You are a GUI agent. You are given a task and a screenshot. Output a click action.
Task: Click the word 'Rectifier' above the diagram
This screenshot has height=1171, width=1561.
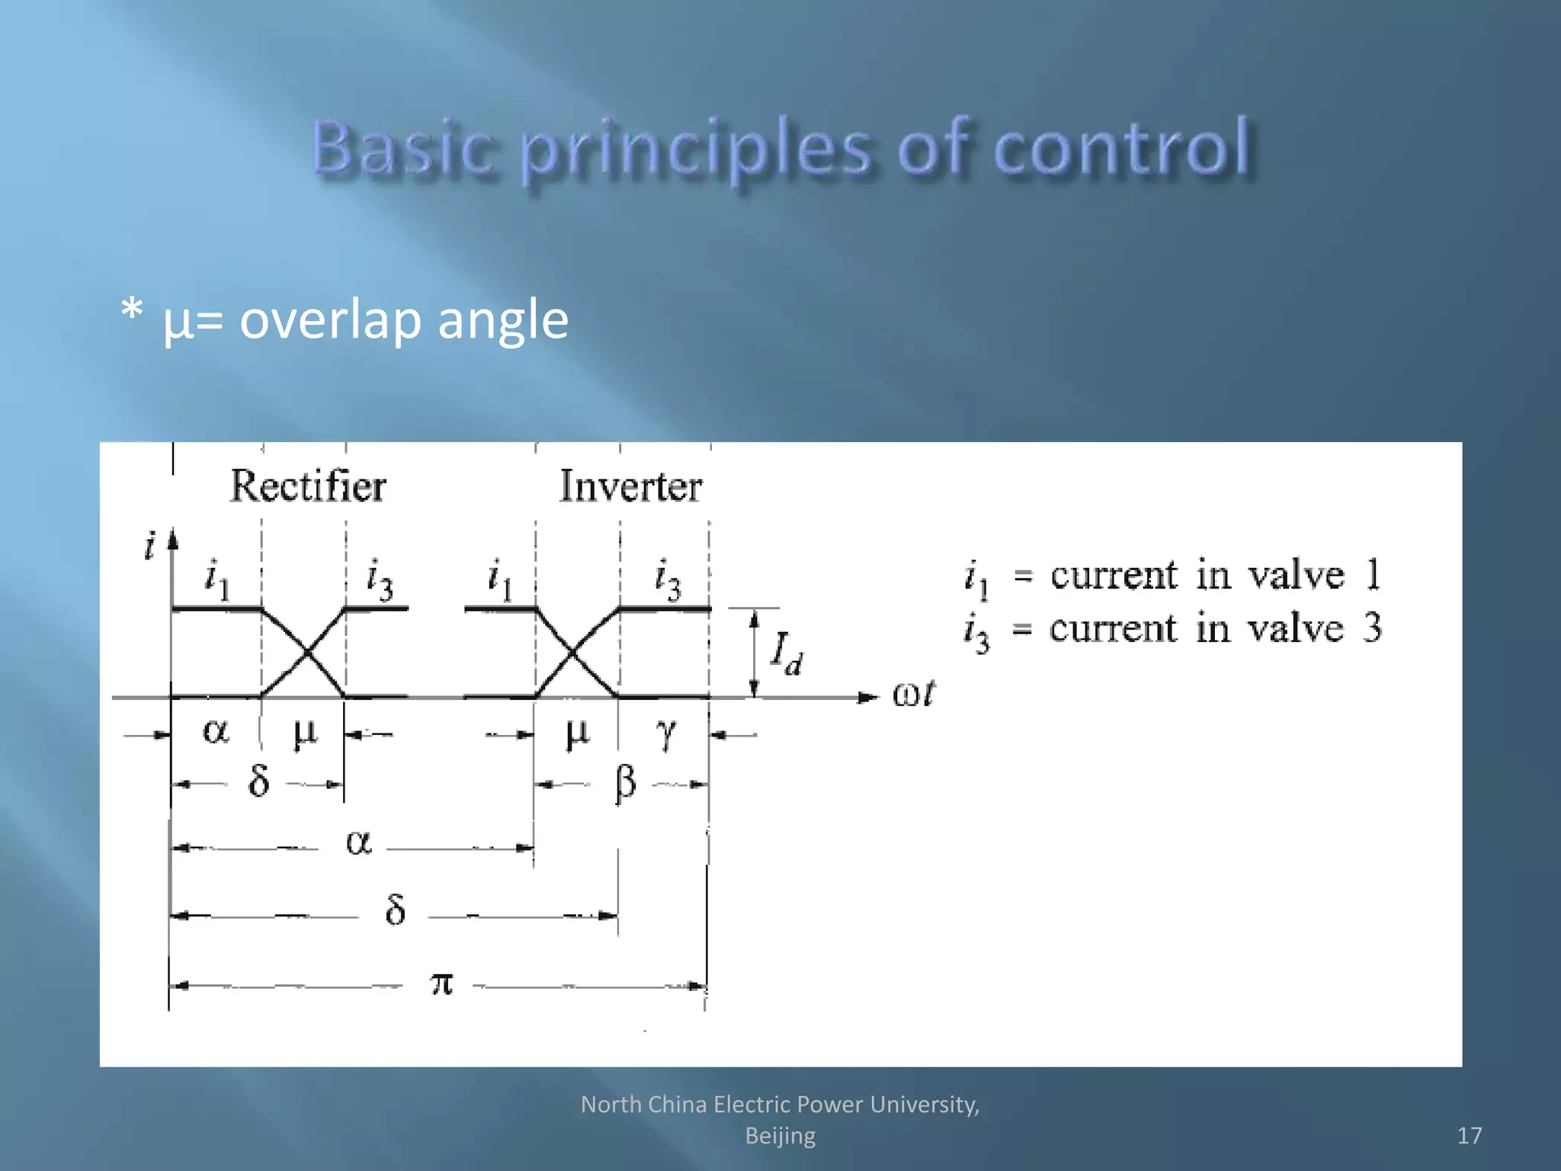pos(308,486)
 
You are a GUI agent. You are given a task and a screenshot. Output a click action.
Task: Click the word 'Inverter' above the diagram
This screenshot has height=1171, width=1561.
pos(630,486)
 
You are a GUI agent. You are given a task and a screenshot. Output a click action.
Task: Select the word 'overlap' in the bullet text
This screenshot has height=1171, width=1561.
pos(329,319)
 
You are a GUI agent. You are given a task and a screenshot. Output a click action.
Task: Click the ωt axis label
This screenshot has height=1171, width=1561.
pos(913,695)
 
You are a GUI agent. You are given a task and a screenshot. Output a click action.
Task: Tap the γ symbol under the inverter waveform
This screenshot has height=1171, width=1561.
pos(665,733)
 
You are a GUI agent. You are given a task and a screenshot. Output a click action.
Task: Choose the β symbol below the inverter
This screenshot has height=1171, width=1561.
pos(625,782)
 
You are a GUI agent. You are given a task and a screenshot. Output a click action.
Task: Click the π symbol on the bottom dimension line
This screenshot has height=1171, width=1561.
pos(441,983)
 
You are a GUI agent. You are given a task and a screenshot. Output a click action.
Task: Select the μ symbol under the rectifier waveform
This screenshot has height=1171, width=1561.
pos(305,733)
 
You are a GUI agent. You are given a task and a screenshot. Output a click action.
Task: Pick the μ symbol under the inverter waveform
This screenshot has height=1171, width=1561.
pos(577,733)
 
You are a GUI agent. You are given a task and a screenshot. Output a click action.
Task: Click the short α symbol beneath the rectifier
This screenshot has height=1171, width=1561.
pos(215,732)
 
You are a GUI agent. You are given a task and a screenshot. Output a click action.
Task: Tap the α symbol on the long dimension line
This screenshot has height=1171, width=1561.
pos(358,843)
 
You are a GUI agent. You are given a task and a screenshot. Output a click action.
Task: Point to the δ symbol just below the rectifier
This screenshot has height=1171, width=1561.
pos(259,781)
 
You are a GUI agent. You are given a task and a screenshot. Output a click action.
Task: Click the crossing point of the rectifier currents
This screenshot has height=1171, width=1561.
pos(306,653)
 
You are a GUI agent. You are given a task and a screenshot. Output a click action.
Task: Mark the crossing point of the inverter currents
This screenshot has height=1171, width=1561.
pos(572,653)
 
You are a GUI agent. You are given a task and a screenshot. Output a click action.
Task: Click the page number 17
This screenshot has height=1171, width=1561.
pos(1469,1135)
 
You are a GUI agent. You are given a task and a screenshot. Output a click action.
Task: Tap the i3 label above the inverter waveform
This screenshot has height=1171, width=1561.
pos(668,579)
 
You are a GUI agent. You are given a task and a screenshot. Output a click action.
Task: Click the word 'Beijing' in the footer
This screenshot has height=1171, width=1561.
pos(780,1135)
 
